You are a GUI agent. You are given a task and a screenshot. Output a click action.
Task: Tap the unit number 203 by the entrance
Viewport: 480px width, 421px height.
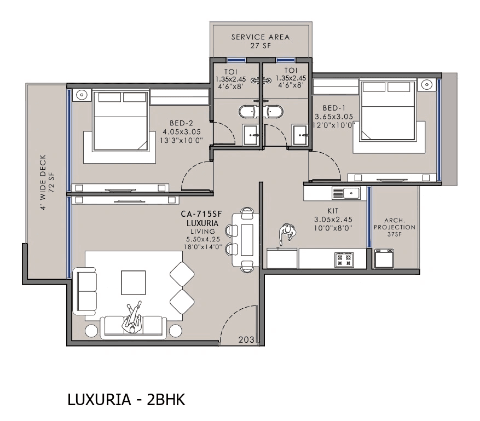[246, 339]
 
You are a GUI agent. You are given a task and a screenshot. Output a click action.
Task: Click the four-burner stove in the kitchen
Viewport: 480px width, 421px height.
[344, 258]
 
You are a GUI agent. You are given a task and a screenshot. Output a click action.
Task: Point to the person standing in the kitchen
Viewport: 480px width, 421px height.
[286, 234]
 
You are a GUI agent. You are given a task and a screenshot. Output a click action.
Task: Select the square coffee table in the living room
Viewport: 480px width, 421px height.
[134, 282]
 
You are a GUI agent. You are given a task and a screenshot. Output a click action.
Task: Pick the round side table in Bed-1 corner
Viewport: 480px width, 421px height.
[427, 85]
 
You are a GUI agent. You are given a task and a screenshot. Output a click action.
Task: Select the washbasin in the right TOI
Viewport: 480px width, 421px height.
[299, 135]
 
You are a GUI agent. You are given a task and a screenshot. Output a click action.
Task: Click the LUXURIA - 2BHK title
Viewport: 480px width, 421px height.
[126, 400]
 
